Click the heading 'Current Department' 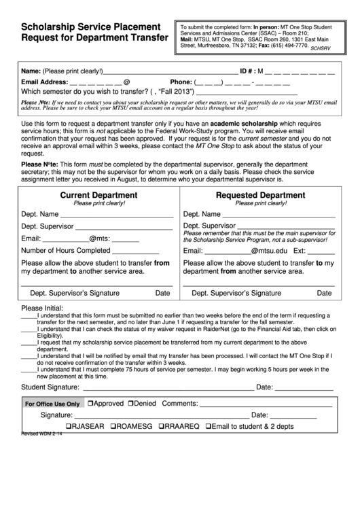pos(98,195)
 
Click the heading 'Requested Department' pos(260,195)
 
